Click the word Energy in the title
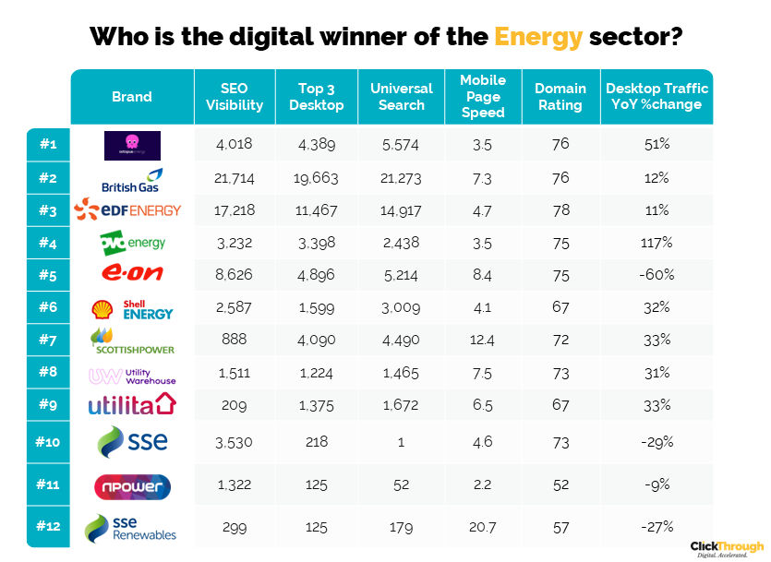coord(538,38)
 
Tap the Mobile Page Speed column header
coord(483,97)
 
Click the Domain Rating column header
coord(560,97)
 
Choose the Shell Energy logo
coord(132,310)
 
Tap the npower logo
coord(131,485)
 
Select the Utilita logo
coord(131,405)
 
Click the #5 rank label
coord(47,274)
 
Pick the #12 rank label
coord(47,527)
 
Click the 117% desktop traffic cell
coord(657,243)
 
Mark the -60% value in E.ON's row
coord(657,275)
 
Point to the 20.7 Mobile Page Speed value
coord(483,527)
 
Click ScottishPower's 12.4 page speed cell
coord(483,341)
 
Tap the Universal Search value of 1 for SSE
coord(402,442)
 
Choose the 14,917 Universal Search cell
coord(402,209)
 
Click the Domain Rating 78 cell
coord(560,209)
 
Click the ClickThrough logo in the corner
coord(727,547)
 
